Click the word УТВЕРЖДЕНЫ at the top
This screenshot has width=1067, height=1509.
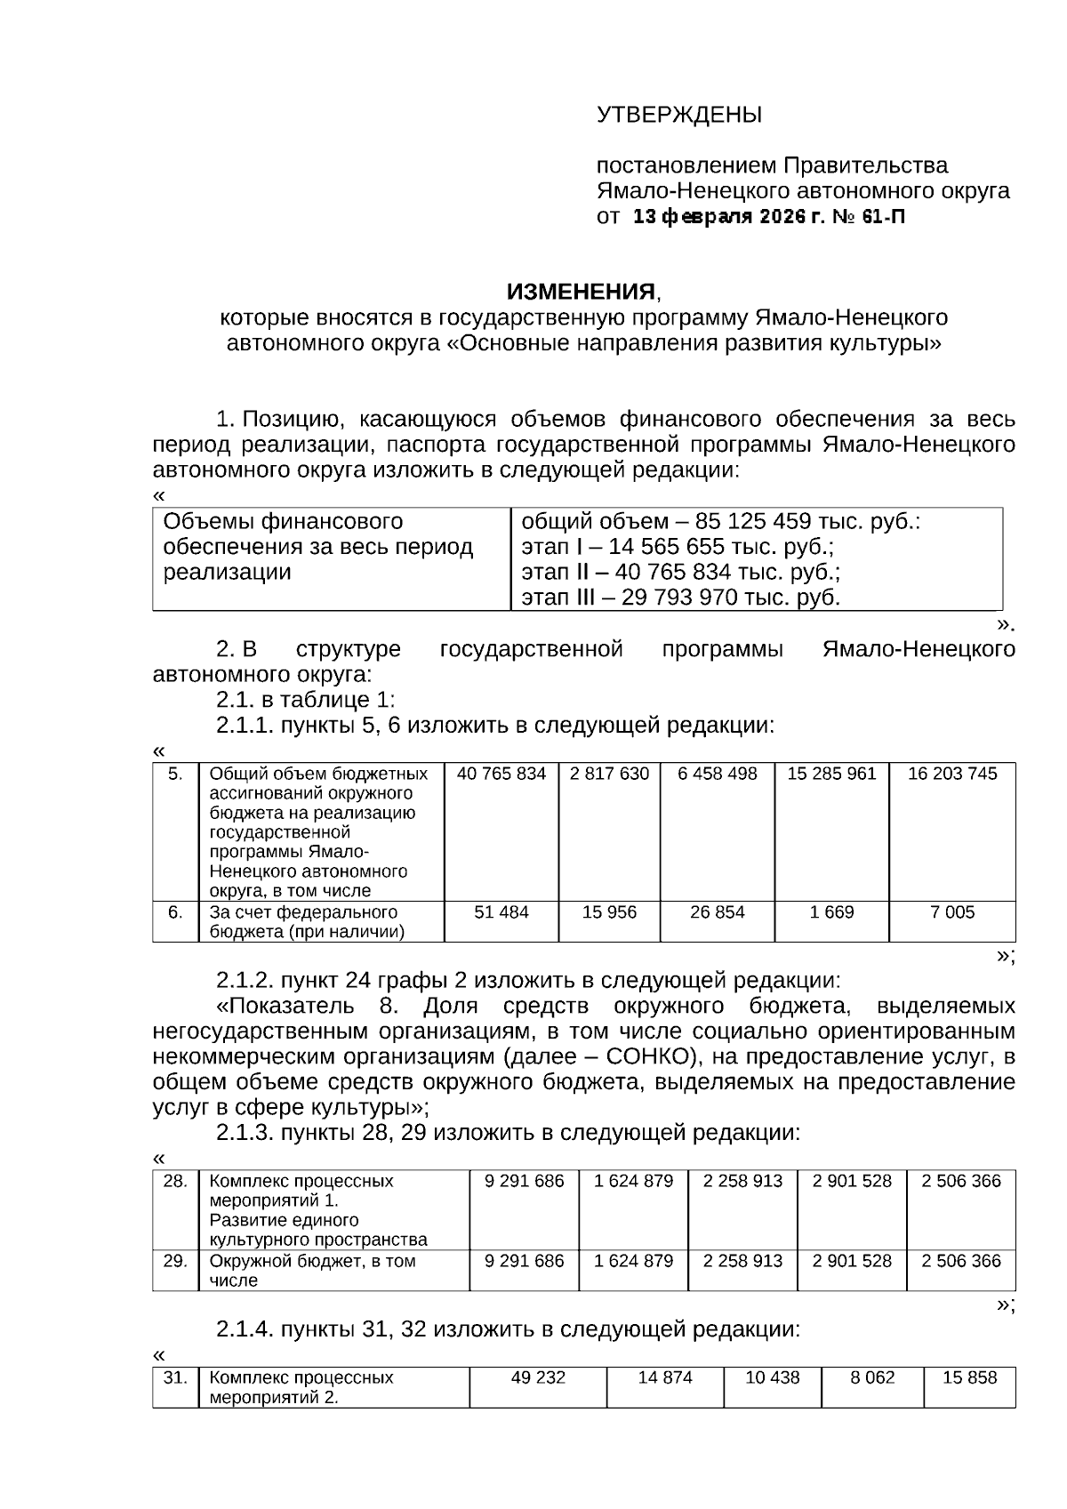678,115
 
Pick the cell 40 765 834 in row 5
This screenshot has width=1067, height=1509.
501,774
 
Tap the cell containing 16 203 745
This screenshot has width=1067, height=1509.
951,774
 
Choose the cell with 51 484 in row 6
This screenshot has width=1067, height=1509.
501,912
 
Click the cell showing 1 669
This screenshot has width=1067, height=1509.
831,912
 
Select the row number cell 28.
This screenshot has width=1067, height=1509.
175,1181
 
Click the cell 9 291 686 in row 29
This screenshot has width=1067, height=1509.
524,1261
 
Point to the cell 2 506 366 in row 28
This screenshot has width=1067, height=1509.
960,1181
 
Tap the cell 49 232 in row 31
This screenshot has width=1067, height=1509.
538,1377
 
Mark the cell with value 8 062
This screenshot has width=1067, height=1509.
872,1377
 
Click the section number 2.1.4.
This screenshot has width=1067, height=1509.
245,1329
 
